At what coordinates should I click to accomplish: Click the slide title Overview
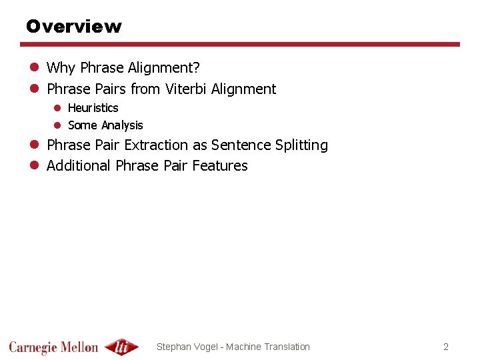73,27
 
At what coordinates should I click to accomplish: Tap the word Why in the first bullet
61,68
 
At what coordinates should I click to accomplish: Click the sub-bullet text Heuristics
93,108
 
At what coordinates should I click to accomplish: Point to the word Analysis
122,125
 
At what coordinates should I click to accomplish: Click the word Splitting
301,145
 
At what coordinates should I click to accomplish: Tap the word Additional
79,166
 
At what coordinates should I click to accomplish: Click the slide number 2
446,347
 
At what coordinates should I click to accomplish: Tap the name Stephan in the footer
173,347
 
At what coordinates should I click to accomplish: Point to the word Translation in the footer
287,347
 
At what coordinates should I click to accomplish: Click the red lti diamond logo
121,347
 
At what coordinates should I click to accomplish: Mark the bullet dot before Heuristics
57,108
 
